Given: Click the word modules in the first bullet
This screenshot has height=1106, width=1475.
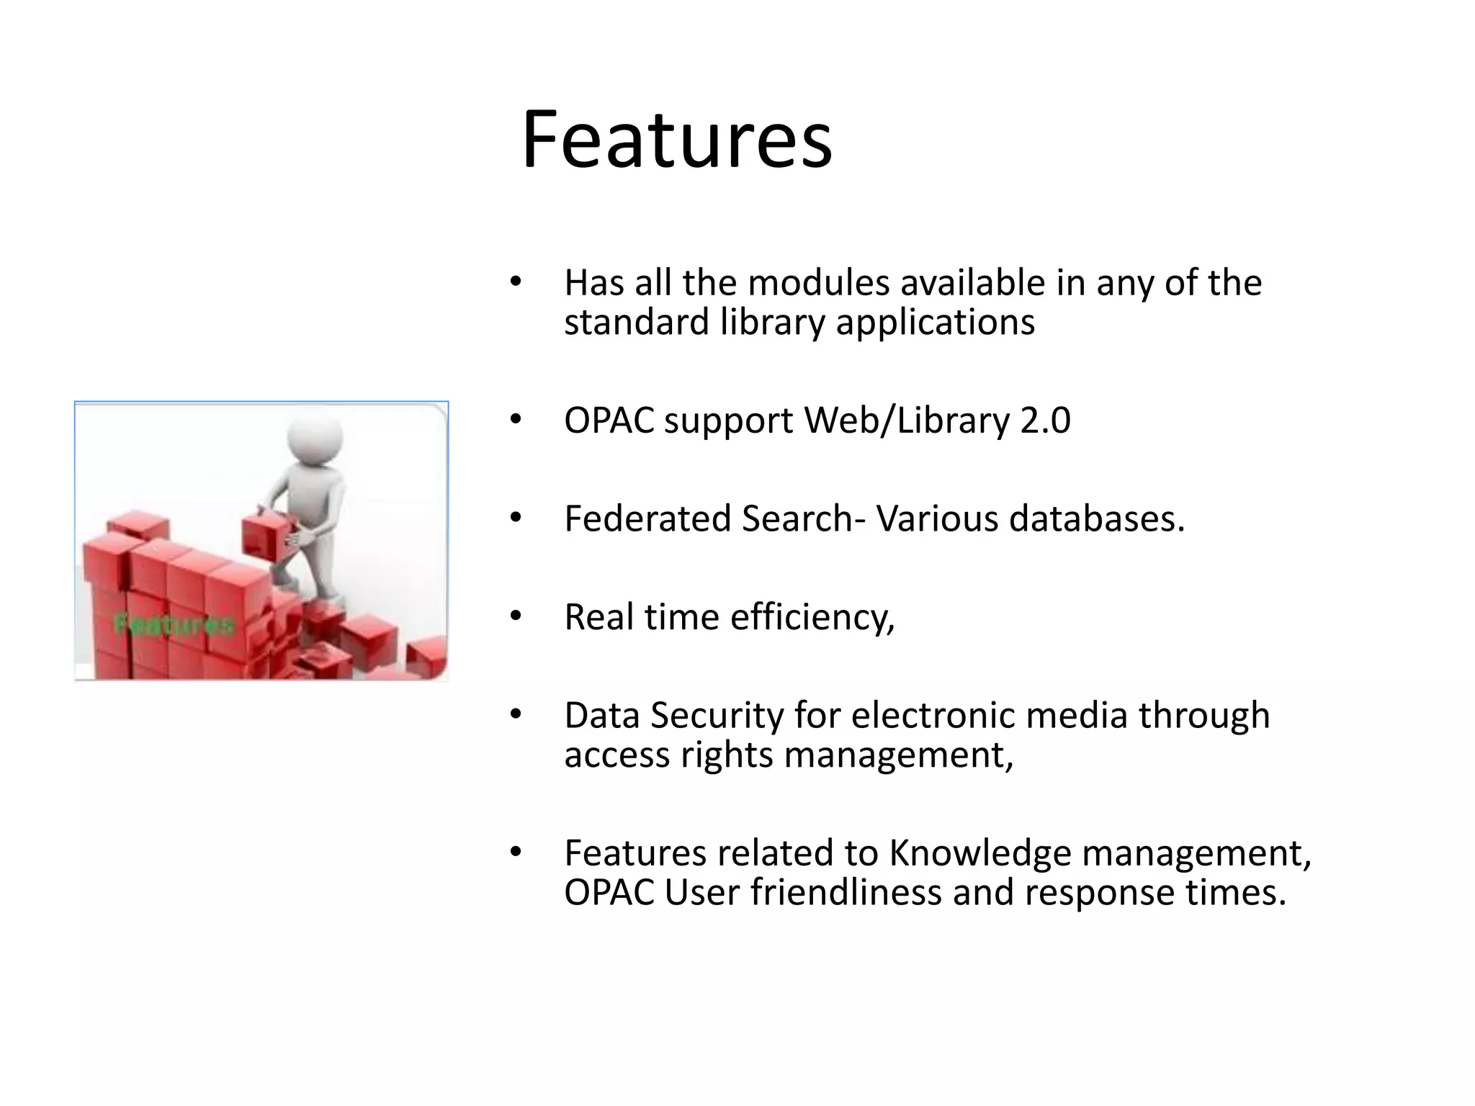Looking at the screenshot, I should click(x=818, y=282).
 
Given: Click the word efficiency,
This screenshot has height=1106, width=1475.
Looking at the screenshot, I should click(x=812, y=617).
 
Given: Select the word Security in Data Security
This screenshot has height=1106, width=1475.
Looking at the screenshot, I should click(x=717, y=716).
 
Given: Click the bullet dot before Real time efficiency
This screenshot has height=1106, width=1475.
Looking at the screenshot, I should click(x=514, y=616).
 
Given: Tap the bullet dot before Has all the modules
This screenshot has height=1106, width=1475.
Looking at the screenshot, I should click(x=514, y=282).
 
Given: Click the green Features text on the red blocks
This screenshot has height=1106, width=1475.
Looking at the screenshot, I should click(x=174, y=624).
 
